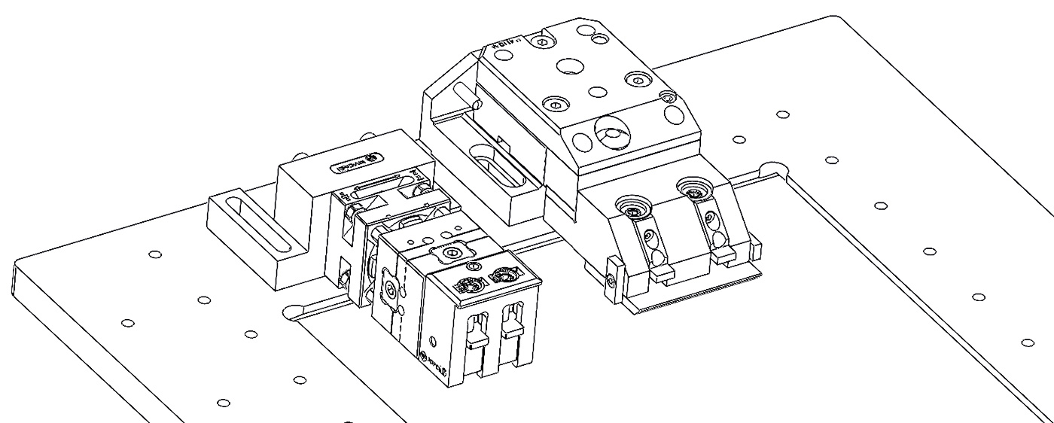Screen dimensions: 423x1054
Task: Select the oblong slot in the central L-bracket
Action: pyautogui.click(x=498, y=166)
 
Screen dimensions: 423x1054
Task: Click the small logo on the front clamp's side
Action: pyautogui.click(x=430, y=358)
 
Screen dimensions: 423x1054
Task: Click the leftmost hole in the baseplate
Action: pyautogui.click(x=127, y=323)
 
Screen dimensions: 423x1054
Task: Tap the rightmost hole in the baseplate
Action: pyautogui.click(x=1028, y=342)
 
